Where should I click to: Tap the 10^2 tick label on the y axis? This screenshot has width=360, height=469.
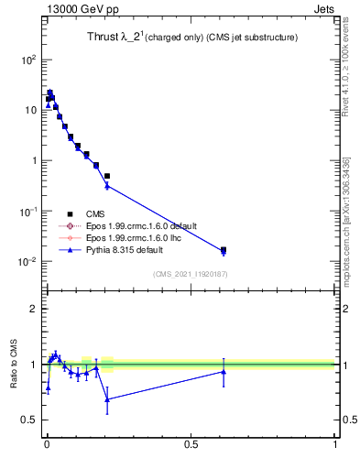point(27,60)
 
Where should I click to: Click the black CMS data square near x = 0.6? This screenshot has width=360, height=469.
point(224,249)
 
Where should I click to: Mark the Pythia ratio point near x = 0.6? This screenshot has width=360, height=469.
point(224,371)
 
